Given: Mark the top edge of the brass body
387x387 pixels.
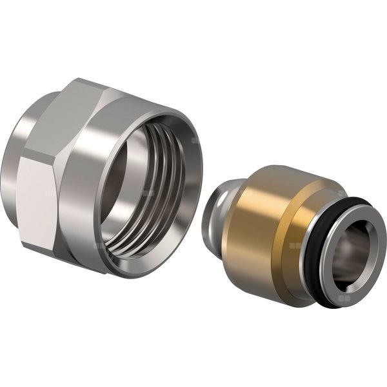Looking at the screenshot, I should (271, 172).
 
